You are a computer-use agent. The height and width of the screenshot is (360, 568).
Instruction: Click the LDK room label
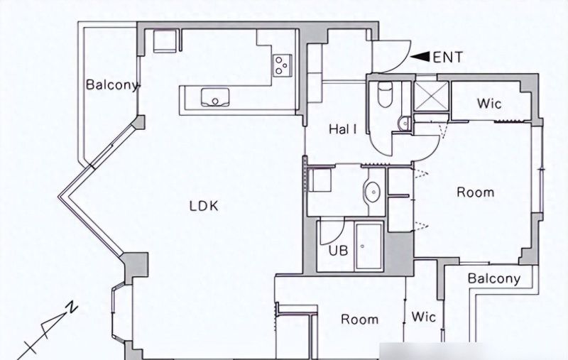coord(204,206)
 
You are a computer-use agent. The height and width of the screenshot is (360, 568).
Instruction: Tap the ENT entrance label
coord(448,58)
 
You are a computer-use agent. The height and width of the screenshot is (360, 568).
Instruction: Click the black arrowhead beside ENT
coord(420,57)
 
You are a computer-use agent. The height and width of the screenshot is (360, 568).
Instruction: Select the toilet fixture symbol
coord(385,94)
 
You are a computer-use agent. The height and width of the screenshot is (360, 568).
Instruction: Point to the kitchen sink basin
coord(215,97)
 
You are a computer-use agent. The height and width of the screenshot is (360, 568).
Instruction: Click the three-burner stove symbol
coord(283,65)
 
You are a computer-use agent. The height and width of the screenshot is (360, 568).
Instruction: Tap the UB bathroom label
coord(339,251)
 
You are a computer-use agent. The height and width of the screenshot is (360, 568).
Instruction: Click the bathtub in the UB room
coord(368,246)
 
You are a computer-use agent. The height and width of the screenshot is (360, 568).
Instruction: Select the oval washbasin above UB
coord(372,190)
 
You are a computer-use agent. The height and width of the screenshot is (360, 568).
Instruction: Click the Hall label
coord(343,129)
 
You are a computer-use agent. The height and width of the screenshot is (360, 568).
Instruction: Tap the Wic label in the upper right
coord(489,104)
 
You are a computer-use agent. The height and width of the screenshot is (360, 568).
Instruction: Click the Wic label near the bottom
coord(423,317)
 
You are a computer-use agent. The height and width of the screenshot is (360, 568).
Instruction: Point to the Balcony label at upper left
coord(112,84)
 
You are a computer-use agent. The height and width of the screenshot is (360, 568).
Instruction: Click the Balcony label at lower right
coord(494,278)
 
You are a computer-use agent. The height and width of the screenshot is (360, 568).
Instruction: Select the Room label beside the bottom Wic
coord(360,320)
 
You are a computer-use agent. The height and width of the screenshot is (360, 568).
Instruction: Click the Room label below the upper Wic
coord(475,192)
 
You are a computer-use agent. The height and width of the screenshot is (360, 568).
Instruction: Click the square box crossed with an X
coord(431,96)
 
